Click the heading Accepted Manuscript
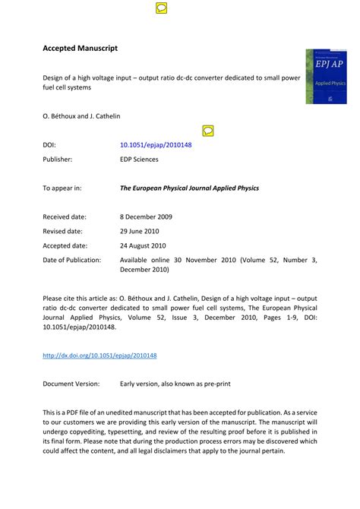[x=80, y=49]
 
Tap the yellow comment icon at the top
[x=161, y=8]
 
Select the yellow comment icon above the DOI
[x=208, y=131]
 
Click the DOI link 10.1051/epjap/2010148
[x=156, y=144]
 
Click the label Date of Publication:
[x=72, y=260]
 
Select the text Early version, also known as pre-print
[x=175, y=384]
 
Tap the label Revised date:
[x=63, y=231]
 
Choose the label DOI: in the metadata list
[x=49, y=144]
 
